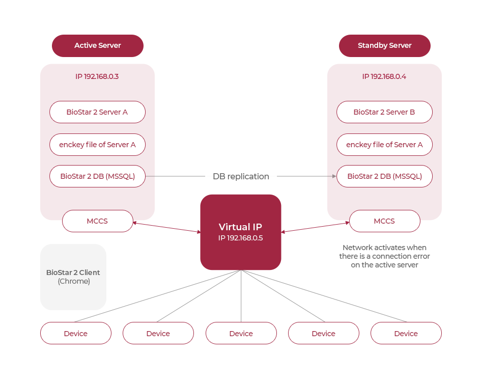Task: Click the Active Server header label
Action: [x=97, y=45]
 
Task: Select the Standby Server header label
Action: [x=384, y=45]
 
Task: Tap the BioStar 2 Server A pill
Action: [x=97, y=112]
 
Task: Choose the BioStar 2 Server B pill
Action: [x=384, y=112]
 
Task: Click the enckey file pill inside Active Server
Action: [x=97, y=145]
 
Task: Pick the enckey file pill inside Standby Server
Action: [x=384, y=145]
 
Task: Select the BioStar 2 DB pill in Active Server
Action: [x=97, y=176]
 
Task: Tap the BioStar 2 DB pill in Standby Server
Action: [x=384, y=176]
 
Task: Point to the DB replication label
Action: [x=241, y=176]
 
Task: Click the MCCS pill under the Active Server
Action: [x=97, y=221]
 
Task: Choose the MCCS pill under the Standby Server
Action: [x=384, y=221]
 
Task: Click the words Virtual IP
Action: [x=241, y=227]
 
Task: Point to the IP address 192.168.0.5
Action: [x=241, y=238]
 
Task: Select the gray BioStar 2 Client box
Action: [x=73, y=277]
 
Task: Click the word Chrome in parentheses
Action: [x=73, y=281]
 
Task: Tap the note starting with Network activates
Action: [x=384, y=256]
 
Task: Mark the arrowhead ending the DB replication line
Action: [x=334, y=176]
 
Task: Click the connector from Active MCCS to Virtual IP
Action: [x=164, y=227]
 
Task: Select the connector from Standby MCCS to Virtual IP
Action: [x=315, y=227]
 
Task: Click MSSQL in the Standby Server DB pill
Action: [x=406, y=176]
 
